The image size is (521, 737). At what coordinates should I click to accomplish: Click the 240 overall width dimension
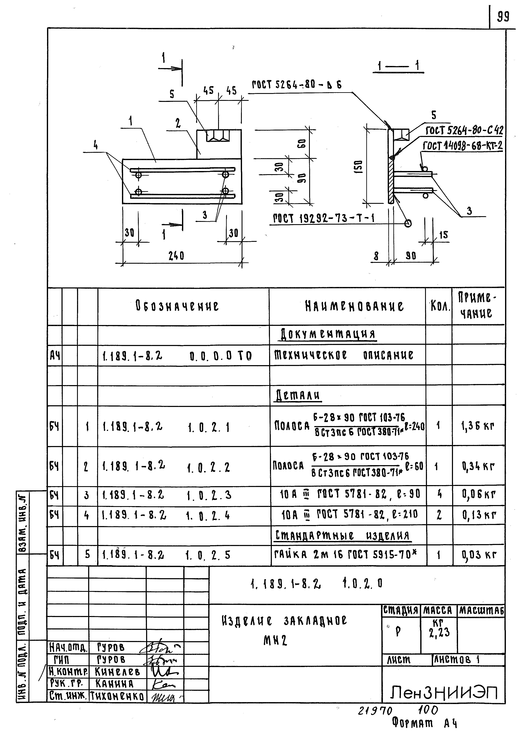(176, 256)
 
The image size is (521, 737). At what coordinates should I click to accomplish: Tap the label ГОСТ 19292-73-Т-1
(324, 218)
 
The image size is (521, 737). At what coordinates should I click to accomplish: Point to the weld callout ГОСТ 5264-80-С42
(464, 131)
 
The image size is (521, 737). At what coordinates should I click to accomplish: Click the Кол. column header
(440, 307)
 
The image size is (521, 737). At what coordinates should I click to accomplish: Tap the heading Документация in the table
(327, 334)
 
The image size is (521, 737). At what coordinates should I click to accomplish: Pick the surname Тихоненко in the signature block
(117, 696)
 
